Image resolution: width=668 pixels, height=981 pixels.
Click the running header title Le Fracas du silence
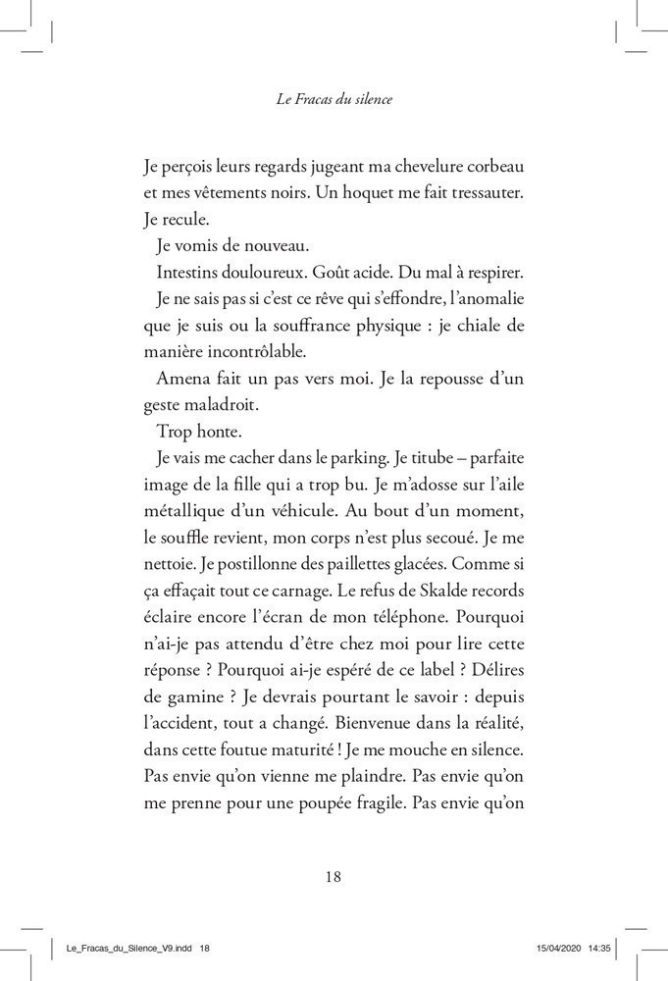(x=334, y=99)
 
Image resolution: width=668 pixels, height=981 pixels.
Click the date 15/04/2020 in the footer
(x=564, y=949)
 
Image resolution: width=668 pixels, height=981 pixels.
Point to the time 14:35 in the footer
(x=611, y=949)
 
